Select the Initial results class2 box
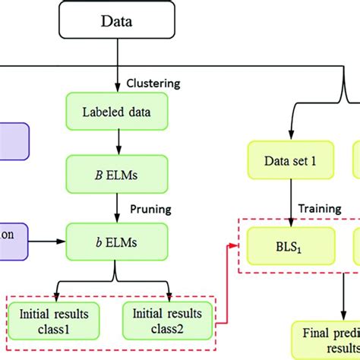pos(167,320)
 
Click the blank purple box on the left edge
pos(13,142)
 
